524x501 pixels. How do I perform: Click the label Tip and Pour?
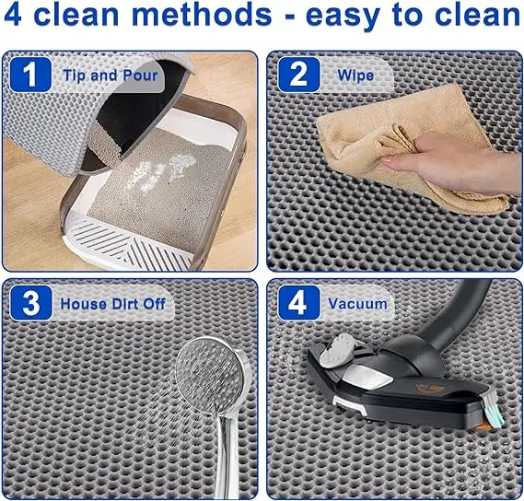pos(111,75)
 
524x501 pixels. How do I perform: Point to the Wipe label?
pos(355,75)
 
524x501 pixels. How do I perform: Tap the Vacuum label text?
pos(358,303)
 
